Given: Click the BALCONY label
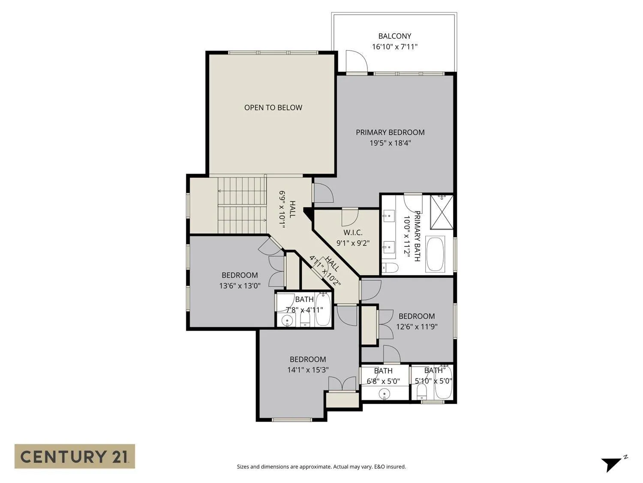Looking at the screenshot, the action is [x=395, y=36].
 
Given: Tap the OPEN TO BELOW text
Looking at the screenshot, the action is [x=273, y=108].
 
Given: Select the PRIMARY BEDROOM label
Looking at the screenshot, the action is [x=390, y=132].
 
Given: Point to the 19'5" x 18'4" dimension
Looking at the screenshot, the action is [x=390, y=143].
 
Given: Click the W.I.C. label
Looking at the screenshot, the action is [x=353, y=233].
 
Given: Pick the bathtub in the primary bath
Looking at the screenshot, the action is [x=435, y=254].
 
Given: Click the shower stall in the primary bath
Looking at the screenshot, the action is [x=442, y=213].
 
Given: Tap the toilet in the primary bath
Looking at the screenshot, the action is [x=390, y=267].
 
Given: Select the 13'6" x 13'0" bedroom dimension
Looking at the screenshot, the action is [x=240, y=286].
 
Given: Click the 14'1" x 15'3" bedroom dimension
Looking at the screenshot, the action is [x=308, y=370].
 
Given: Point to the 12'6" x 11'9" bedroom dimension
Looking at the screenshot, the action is [x=417, y=327].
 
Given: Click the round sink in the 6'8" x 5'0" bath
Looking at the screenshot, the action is [x=384, y=393].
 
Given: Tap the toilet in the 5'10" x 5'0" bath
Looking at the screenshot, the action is [x=421, y=392].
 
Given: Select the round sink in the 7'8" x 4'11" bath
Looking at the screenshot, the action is [x=287, y=321].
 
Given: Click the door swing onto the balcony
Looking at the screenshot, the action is [x=357, y=61].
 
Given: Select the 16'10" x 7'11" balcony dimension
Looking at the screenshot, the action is [x=395, y=47].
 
